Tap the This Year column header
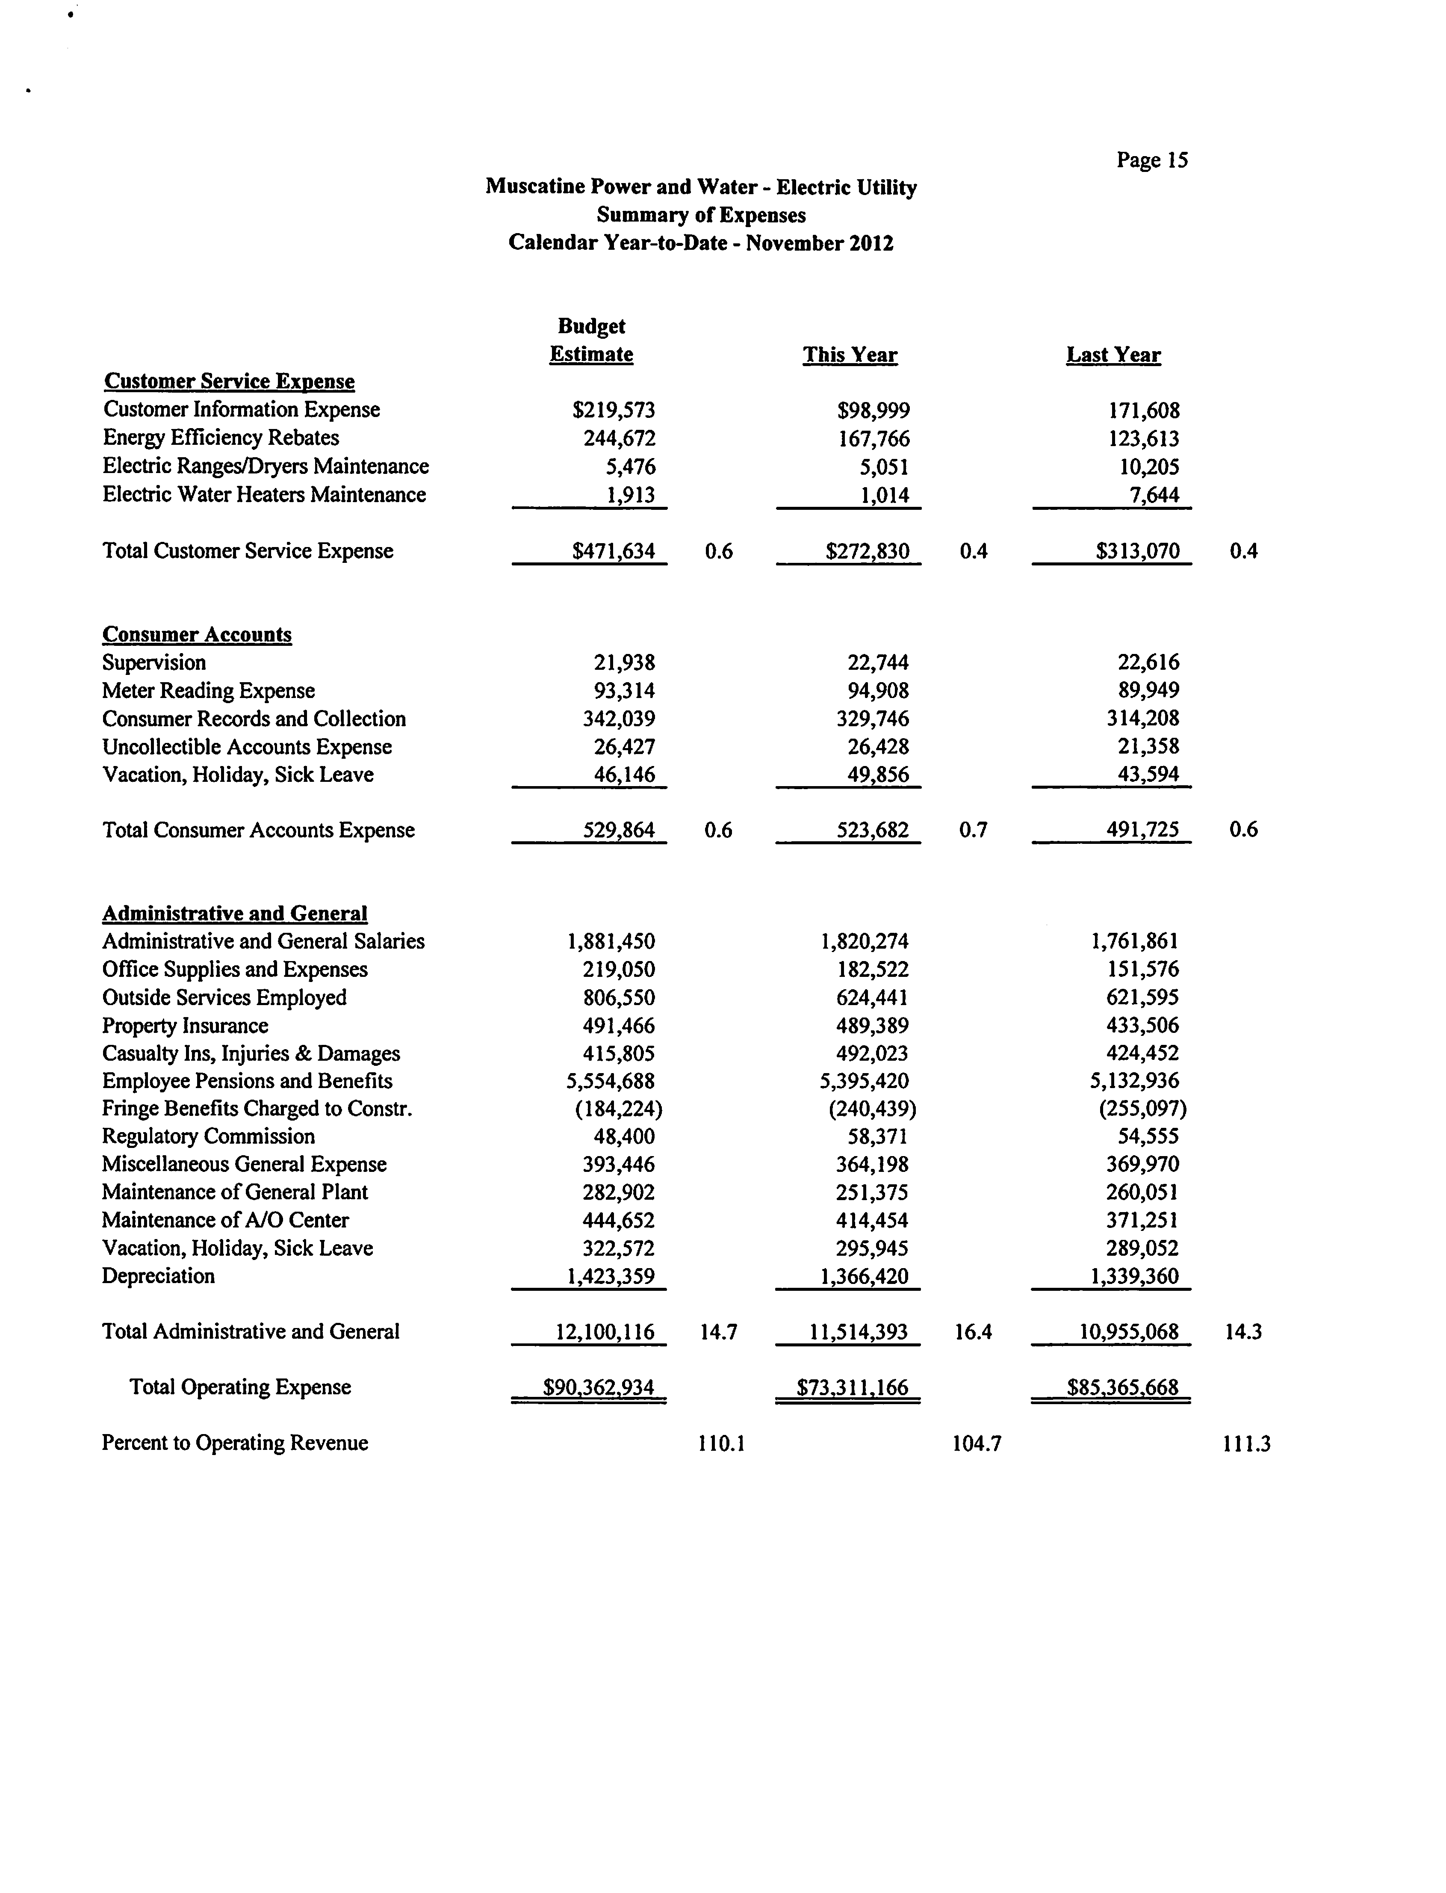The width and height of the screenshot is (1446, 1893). point(850,355)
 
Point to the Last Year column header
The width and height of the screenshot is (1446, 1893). point(1113,355)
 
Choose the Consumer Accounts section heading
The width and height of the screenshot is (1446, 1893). point(197,634)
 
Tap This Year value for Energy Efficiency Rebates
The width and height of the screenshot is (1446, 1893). point(874,439)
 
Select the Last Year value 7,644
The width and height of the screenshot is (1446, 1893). point(1154,495)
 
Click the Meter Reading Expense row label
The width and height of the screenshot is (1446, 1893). point(208,690)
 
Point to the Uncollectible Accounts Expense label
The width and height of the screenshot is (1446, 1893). point(247,746)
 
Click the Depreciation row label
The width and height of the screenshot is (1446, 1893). point(158,1276)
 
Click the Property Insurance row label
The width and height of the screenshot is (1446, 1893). point(185,1025)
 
